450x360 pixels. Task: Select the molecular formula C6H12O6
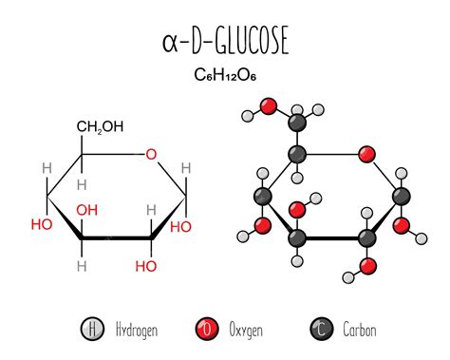click(x=224, y=73)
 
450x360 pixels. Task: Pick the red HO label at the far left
click(x=41, y=225)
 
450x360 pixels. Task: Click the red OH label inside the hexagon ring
click(x=87, y=210)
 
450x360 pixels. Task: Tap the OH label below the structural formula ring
click(x=145, y=267)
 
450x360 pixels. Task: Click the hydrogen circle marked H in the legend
click(x=91, y=330)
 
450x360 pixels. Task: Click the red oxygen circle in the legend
click(x=202, y=330)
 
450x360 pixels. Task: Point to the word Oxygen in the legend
click(x=245, y=331)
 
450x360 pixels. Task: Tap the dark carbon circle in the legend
click(x=320, y=330)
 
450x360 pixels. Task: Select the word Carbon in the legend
click(x=360, y=331)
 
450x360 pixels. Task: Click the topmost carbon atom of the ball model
click(x=297, y=121)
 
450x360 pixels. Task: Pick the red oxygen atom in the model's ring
click(x=367, y=154)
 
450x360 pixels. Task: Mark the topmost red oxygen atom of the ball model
click(x=269, y=104)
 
